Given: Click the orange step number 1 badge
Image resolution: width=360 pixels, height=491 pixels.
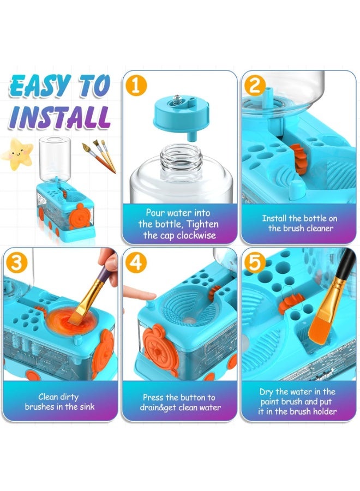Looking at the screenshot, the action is pos(136,86).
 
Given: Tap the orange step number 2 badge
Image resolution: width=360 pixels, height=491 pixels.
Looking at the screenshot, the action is pos(255,86).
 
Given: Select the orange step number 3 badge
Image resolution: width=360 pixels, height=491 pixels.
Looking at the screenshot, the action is pos(16,262).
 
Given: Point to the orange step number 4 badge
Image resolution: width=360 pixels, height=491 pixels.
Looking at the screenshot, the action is pos(136,262).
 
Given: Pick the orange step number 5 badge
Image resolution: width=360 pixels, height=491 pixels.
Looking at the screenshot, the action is pos(255,262).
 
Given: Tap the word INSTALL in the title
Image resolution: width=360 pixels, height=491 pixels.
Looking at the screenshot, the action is pos(59,117).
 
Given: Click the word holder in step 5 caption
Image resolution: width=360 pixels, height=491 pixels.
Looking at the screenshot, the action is pos(324,411).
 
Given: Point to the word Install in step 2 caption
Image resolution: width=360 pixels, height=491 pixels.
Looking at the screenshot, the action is pos(274,218).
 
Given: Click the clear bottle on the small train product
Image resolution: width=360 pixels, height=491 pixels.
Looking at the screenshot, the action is pos(55,158).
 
